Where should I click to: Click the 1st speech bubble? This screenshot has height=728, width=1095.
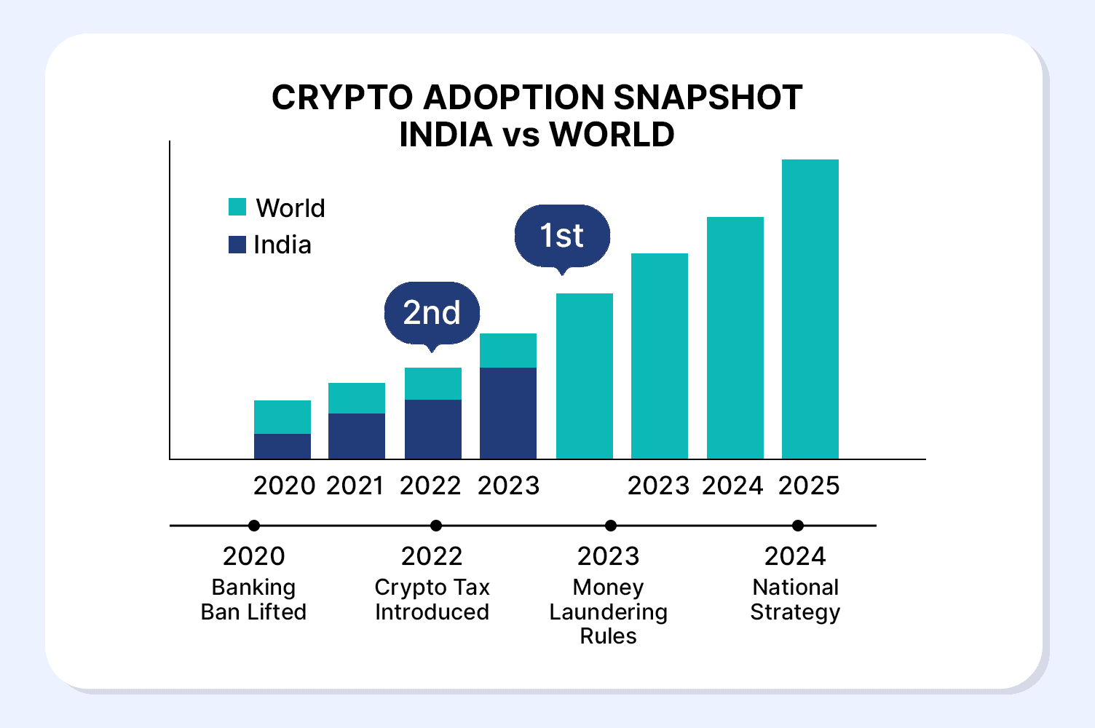pyautogui.click(x=562, y=236)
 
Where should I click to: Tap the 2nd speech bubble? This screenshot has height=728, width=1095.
pyautogui.click(x=432, y=313)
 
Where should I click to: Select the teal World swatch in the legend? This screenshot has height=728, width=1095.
pyautogui.click(x=237, y=207)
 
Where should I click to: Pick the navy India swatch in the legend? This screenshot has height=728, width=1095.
pyautogui.click(x=237, y=244)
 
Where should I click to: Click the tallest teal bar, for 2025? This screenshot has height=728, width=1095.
pyautogui.click(x=810, y=309)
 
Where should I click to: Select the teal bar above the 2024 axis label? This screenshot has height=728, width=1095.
pyautogui.click(x=735, y=338)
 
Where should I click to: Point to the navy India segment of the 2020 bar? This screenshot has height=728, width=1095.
pyautogui.click(x=282, y=446)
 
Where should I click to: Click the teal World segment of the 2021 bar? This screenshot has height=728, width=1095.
pyautogui.click(x=357, y=398)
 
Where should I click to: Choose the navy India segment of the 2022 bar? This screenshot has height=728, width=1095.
pyautogui.click(x=433, y=429)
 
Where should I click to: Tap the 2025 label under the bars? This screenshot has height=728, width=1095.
pyautogui.click(x=809, y=486)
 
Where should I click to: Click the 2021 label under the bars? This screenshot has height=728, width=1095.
pyautogui.click(x=355, y=486)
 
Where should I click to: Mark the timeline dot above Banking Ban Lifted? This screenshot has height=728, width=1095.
pyautogui.click(x=254, y=526)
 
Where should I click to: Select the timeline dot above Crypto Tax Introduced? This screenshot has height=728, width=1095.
pyautogui.click(x=436, y=526)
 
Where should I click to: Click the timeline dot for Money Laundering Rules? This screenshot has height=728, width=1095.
pyautogui.click(x=611, y=526)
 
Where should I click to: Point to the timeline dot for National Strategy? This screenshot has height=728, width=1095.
pyautogui.click(x=798, y=526)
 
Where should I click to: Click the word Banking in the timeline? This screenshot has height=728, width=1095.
pyautogui.click(x=253, y=587)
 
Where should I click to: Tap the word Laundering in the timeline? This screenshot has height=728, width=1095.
pyautogui.click(x=608, y=612)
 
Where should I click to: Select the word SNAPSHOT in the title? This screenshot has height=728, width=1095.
pyautogui.click(x=708, y=98)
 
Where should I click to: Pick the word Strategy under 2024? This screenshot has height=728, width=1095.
pyautogui.click(x=795, y=612)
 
